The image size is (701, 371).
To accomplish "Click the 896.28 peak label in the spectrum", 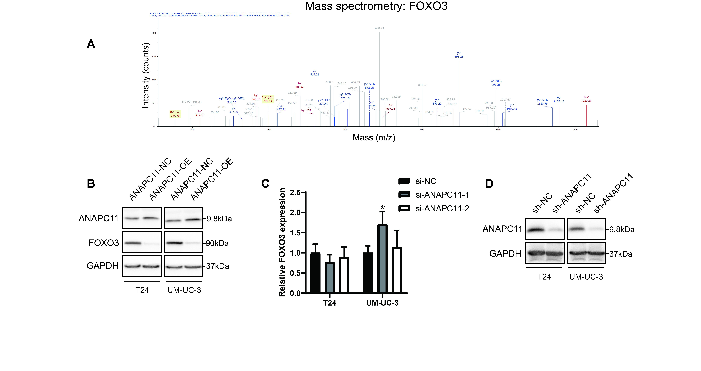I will (x=459, y=57).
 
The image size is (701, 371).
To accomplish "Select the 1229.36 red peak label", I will (x=586, y=101).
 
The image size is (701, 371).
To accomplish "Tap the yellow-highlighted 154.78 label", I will (x=175, y=116).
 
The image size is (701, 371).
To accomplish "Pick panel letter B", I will (x=91, y=184).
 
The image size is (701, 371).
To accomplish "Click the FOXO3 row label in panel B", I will (x=104, y=243).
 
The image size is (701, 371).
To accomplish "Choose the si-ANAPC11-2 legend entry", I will (x=442, y=209).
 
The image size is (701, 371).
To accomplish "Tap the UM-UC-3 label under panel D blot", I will (x=586, y=277).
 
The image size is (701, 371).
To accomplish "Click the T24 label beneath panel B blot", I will (x=142, y=290).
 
